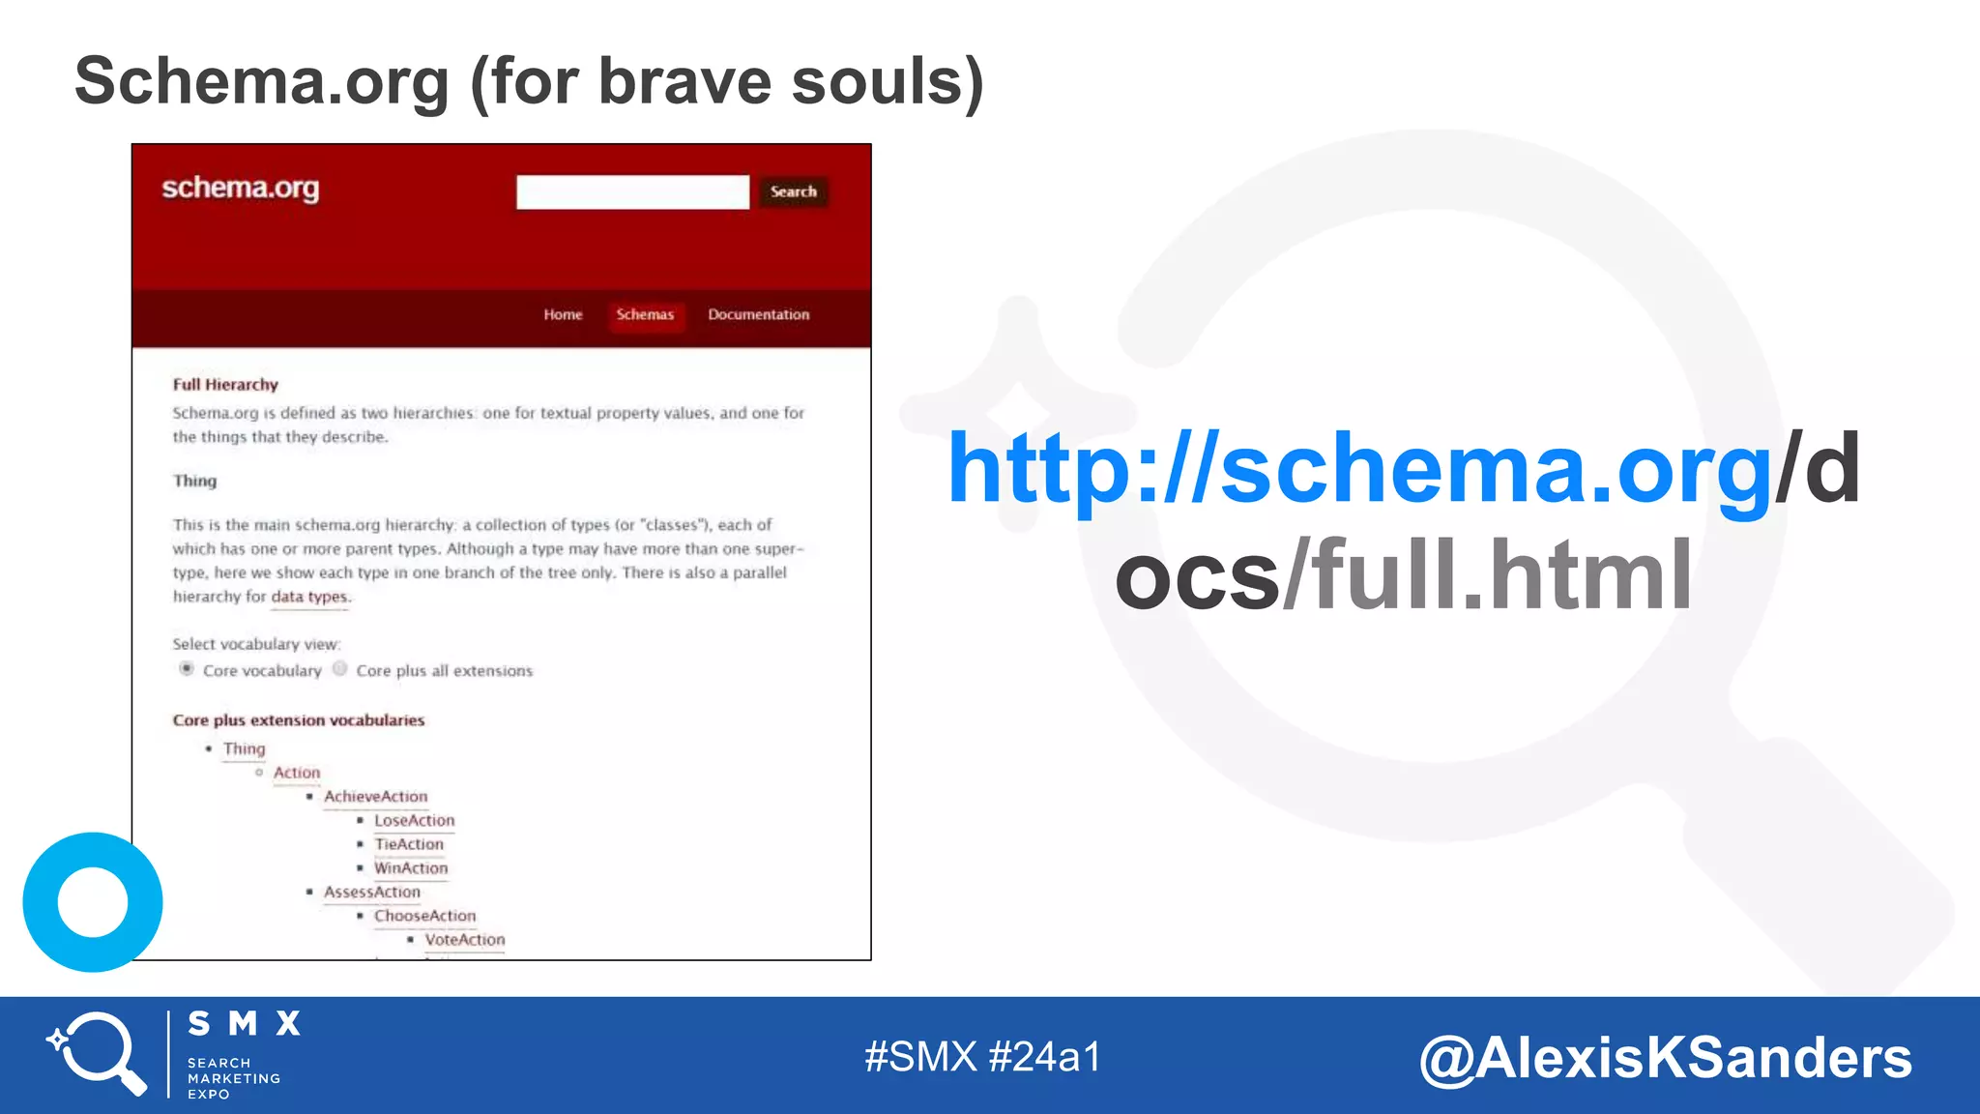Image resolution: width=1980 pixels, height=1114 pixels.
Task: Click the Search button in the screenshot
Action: [x=794, y=191]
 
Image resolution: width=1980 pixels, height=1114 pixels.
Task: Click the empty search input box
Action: [x=632, y=191]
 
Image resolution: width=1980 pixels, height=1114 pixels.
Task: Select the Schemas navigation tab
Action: [x=645, y=315]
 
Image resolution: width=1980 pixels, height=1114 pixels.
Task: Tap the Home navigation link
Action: [x=563, y=315]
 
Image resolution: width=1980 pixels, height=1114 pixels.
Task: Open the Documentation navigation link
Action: [x=759, y=315]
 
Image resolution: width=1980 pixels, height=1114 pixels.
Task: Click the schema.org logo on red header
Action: [x=240, y=188]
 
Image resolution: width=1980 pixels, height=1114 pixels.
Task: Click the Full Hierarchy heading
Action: [x=225, y=385]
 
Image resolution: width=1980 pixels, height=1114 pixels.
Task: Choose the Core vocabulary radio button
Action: [x=187, y=669]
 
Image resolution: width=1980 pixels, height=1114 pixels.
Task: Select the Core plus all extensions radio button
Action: [x=340, y=669]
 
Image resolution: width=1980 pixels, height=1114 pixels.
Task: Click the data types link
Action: [x=309, y=597]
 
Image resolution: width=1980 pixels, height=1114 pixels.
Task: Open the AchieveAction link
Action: [x=375, y=797]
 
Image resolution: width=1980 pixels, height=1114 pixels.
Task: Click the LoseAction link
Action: [x=414, y=821]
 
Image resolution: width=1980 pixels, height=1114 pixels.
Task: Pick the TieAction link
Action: [x=409, y=844]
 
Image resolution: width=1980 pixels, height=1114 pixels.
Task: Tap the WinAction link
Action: [x=411, y=868]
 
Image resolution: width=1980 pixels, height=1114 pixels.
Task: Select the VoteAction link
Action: [x=465, y=940]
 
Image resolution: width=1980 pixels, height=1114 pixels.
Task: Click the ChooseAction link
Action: [x=425, y=916]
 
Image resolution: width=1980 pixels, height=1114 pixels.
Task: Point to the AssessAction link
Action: [x=372, y=893]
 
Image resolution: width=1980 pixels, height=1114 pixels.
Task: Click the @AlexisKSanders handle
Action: [x=1665, y=1058]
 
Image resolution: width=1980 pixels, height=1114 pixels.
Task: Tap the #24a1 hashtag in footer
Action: [x=1044, y=1057]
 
